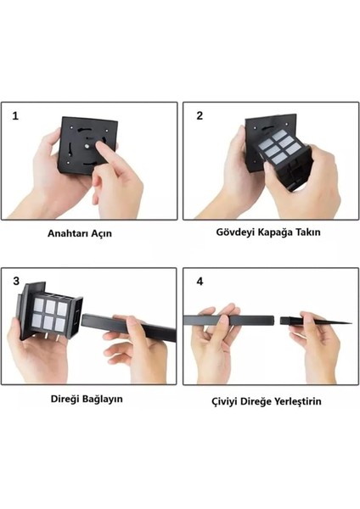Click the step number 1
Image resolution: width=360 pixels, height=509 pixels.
click(x=15, y=116)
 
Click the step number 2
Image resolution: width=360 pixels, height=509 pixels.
click(x=200, y=115)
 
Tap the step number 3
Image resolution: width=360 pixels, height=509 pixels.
click(x=16, y=281)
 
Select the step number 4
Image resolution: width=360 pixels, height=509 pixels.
click(x=200, y=281)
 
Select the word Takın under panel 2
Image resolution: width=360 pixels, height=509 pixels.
click(x=310, y=232)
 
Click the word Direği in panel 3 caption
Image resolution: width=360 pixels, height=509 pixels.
click(x=65, y=399)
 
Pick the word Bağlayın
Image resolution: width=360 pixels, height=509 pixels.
click(x=102, y=400)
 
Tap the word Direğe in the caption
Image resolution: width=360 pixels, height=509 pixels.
click(x=256, y=402)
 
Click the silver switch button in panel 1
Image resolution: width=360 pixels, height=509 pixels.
click(x=87, y=147)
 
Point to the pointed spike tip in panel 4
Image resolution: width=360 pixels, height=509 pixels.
click(x=351, y=323)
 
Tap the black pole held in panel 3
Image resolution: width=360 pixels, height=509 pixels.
click(x=129, y=327)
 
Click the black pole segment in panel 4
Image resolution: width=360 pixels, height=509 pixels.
click(x=228, y=321)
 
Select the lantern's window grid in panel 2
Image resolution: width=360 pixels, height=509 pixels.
click(x=279, y=146)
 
